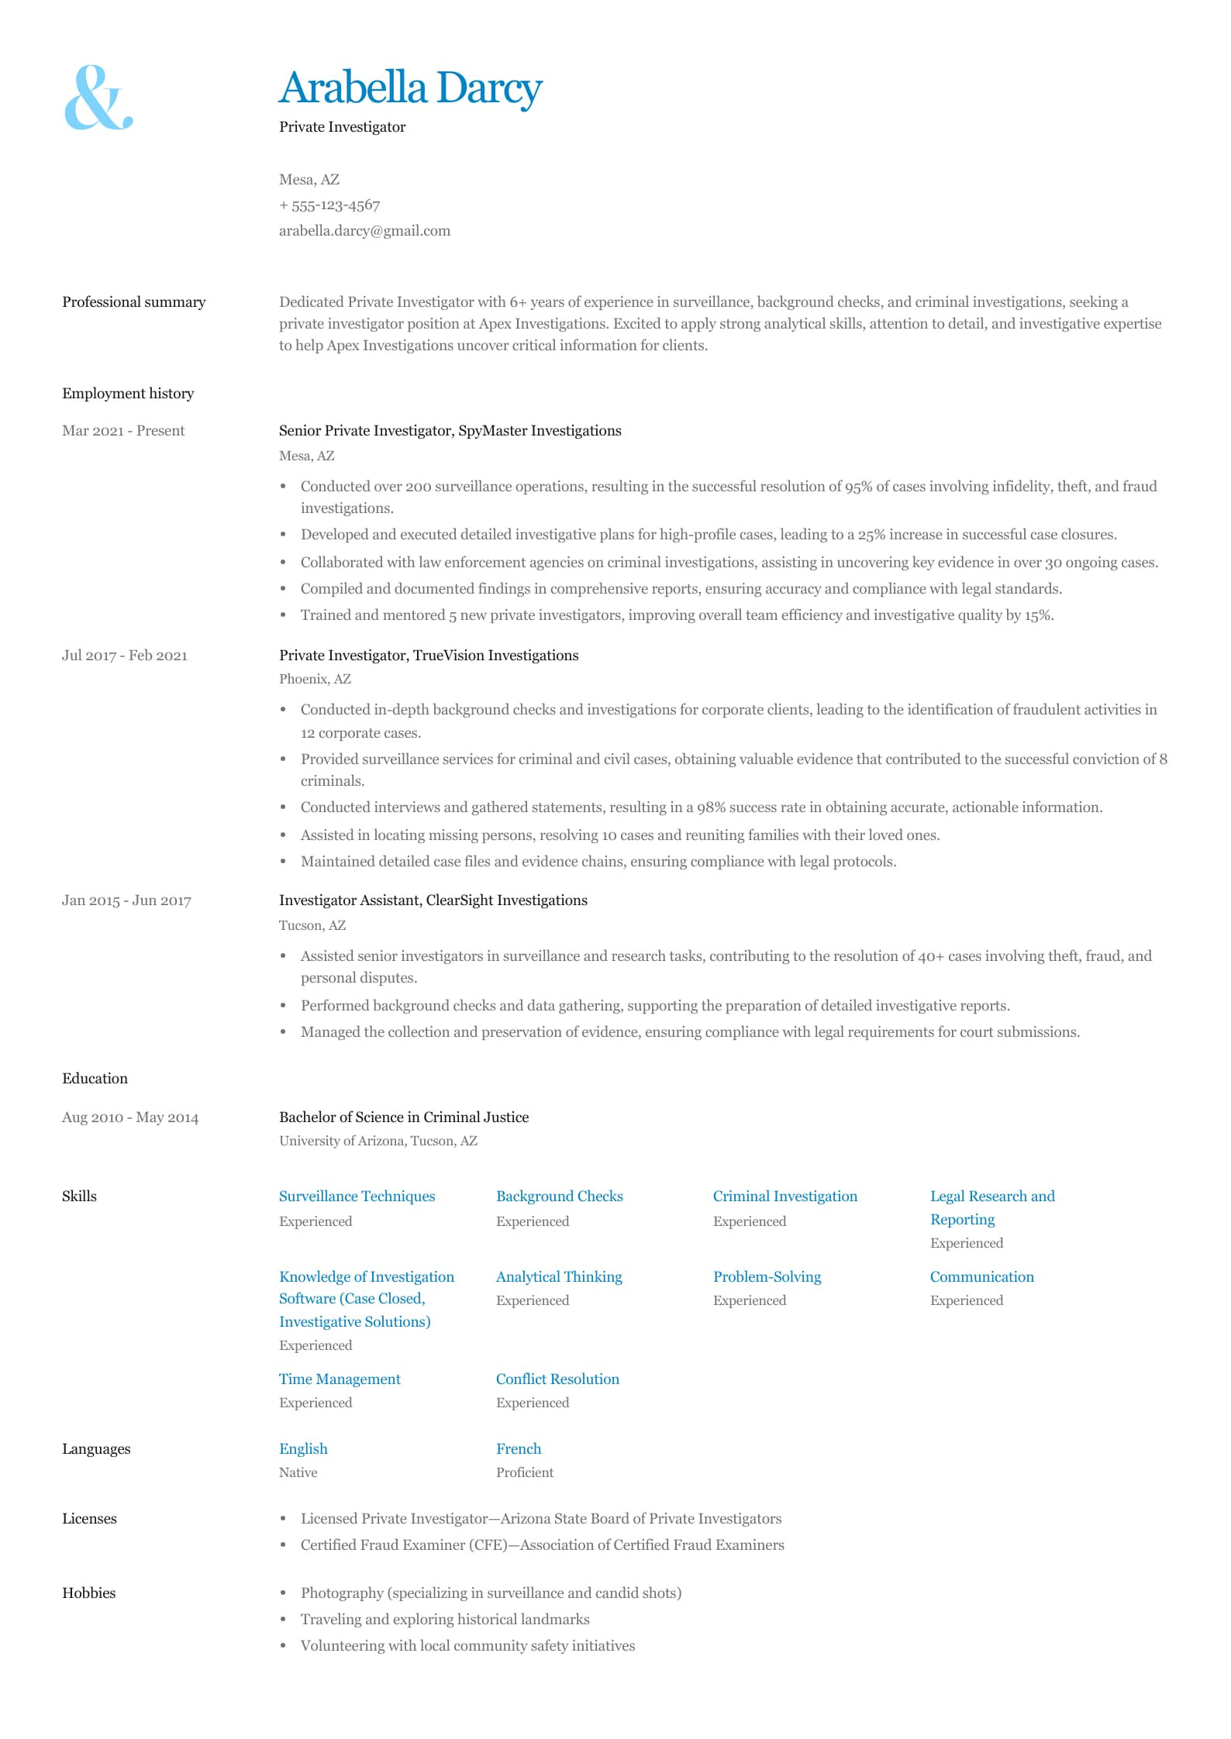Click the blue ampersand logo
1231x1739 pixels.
pos(98,97)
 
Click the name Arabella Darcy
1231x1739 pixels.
pos(410,88)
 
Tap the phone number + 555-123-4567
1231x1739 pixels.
pos(329,205)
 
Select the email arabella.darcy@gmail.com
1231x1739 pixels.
pos(364,231)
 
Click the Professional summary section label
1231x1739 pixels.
pos(133,302)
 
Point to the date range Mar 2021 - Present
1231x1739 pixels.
pos(123,431)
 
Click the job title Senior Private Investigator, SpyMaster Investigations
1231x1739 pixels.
pos(450,431)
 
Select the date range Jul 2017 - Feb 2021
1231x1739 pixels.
pos(124,656)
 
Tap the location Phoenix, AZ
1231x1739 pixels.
pos(315,680)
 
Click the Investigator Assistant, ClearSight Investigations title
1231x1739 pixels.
pos(433,900)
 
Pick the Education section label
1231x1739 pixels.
pos(95,1079)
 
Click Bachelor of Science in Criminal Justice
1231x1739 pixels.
pos(403,1117)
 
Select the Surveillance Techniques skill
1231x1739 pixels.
pos(357,1197)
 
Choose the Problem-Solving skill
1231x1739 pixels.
pos(767,1277)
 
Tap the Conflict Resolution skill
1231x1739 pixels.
pos(557,1379)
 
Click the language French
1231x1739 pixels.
pos(519,1449)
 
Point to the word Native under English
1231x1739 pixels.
pos(298,1473)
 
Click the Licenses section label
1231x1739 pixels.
pos(89,1519)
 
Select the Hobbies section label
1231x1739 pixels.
pos(88,1593)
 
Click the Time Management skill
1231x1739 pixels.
pos(340,1379)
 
